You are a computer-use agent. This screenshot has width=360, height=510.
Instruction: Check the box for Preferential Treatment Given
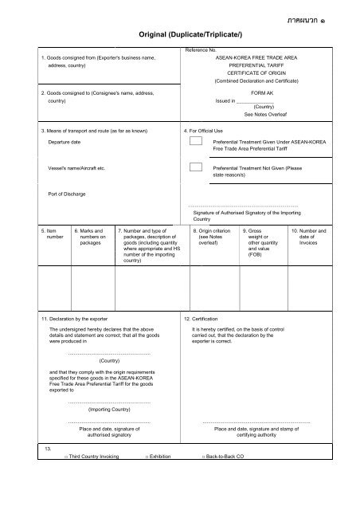pyautogui.click(x=195, y=142)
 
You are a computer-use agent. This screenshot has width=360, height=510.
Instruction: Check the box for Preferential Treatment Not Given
pyautogui.click(x=195, y=168)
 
